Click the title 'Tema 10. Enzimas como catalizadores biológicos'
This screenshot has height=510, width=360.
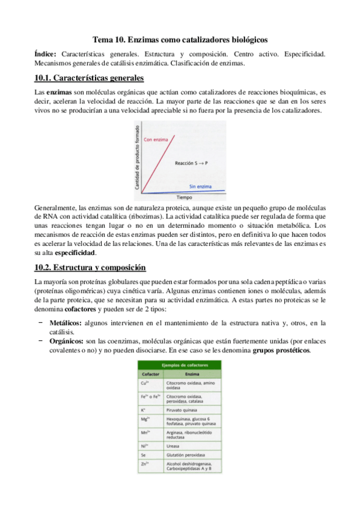point(180,38)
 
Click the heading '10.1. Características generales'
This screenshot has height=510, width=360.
point(89,78)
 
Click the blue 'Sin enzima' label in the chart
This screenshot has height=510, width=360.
point(201,186)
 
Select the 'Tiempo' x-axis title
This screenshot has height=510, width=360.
point(185,197)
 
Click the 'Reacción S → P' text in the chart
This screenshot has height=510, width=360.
point(192,163)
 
